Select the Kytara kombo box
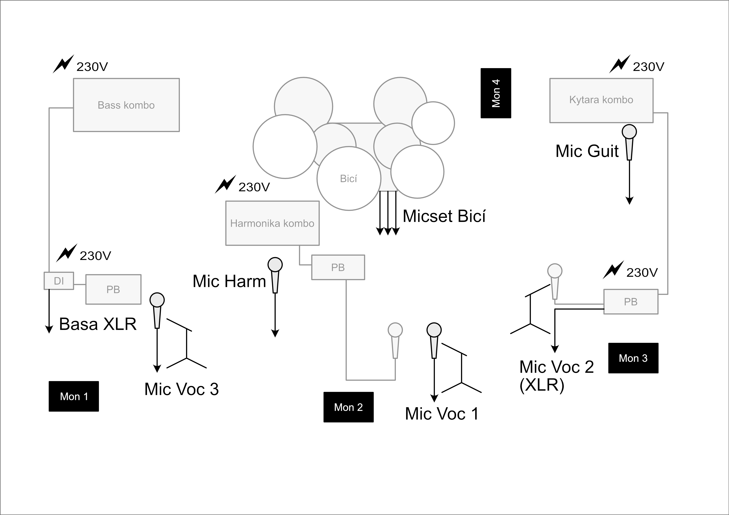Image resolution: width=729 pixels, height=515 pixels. tap(601, 100)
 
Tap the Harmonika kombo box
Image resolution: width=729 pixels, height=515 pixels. tap(272, 223)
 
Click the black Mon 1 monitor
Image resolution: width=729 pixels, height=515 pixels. tap(74, 396)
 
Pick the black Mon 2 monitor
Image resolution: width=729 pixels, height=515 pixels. tap(348, 407)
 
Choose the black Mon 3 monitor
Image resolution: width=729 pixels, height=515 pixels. tap(633, 358)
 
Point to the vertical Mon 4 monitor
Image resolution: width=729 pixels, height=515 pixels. tap(496, 93)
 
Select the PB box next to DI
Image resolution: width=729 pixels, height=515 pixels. tap(113, 289)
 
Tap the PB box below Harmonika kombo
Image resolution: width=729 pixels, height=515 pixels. tap(338, 267)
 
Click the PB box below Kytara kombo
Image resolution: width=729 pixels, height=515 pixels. tap(630, 302)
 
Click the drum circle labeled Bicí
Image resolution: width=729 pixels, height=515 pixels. tap(349, 179)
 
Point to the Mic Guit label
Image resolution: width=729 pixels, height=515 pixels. tap(587, 151)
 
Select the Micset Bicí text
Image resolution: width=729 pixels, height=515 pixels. tap(444, 216)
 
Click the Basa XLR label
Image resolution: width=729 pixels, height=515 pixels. tap(98, 324)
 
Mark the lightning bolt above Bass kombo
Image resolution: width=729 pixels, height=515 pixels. tap(63, 64)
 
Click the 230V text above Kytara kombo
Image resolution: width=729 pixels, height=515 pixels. tap(648, 67)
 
